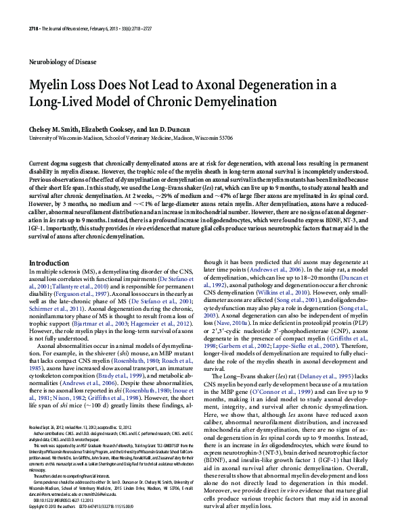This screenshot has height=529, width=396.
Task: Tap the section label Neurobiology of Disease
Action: pyautogui.click(x=65, y=61)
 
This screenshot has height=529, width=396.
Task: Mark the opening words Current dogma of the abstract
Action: pyautogui.click(x=51, y=164)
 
